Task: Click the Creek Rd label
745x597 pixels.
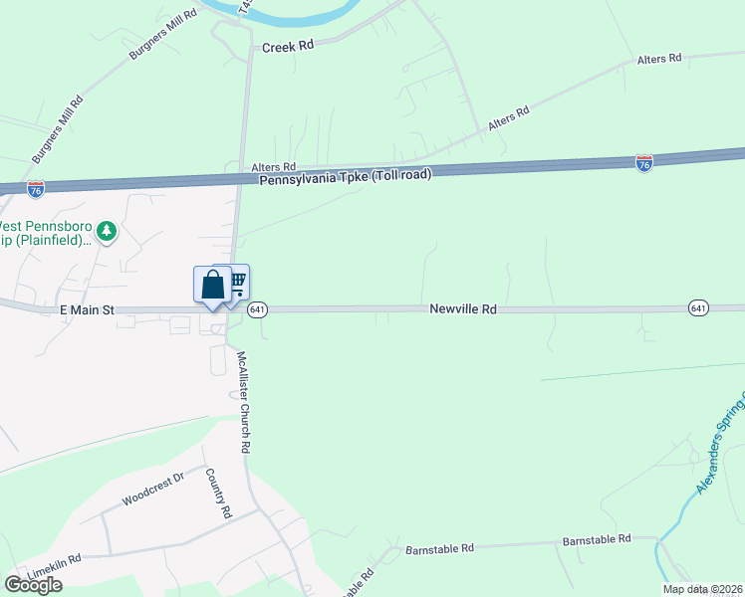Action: tap(287, 47)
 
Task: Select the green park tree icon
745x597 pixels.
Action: tap(107, 232)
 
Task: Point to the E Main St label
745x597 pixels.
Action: tap(89, 310)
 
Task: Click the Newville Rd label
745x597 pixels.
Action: tap(463, 309)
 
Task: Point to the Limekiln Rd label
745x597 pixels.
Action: tap(55, 565)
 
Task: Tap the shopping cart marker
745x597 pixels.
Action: tap(237, 281)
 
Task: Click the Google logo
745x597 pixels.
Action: tap(33, 585)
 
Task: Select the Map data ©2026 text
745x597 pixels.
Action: tap(703, 589)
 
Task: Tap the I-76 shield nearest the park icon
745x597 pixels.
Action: tap(36, 187)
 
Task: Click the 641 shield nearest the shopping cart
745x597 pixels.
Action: tap(257, 309)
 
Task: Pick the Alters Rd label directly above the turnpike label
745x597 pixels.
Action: tap(274, 167)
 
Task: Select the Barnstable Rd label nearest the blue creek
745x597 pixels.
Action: tap(597, 539)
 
